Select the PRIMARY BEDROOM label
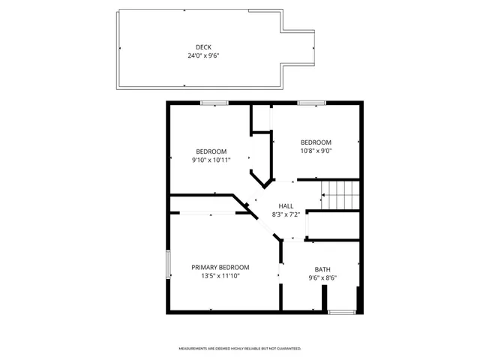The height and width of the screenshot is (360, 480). (220, 267)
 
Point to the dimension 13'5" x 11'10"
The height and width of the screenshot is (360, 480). (220, 276)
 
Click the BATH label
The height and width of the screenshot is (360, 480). (322, 269)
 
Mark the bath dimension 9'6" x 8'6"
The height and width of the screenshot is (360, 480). (322, 278)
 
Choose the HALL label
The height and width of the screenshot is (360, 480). (286, 206)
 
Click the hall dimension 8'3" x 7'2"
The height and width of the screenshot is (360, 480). (286, 214)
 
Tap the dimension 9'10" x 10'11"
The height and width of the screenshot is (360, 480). (211, 159)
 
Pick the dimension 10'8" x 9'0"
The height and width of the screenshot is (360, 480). (316, 150)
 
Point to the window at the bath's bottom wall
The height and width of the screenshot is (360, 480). (341, 311)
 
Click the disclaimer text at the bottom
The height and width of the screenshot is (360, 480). (239, 349)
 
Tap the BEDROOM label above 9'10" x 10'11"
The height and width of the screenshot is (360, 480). (211, 150)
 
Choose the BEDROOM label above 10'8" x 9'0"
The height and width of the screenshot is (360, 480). (316, 142)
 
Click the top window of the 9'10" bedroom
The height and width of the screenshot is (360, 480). (214, 103)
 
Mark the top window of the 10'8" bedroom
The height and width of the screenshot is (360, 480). (310, 103)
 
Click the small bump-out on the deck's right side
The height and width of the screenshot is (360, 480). (298, 47)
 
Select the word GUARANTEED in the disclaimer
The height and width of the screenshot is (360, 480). (286, 349)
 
